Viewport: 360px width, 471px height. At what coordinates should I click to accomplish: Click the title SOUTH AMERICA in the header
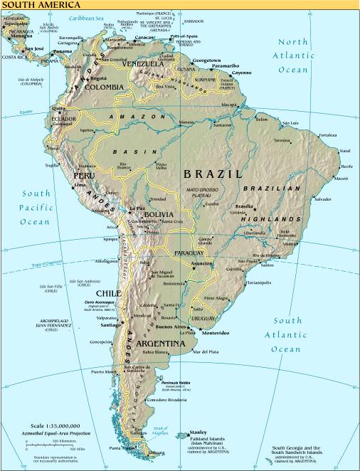31,4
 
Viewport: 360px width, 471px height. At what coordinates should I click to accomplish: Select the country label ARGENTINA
162,344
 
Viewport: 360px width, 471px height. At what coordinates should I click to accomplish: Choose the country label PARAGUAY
189,253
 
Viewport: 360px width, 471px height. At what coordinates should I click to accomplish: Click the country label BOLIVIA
158,214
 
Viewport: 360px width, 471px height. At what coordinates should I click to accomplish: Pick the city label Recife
346,166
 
